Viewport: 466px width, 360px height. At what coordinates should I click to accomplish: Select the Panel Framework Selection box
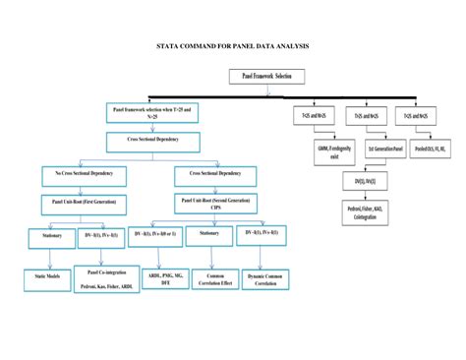[266, 76]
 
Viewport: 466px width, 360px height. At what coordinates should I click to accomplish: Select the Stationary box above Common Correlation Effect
[209, 233]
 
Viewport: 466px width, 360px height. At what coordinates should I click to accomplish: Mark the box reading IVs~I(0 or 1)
[158, 233]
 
